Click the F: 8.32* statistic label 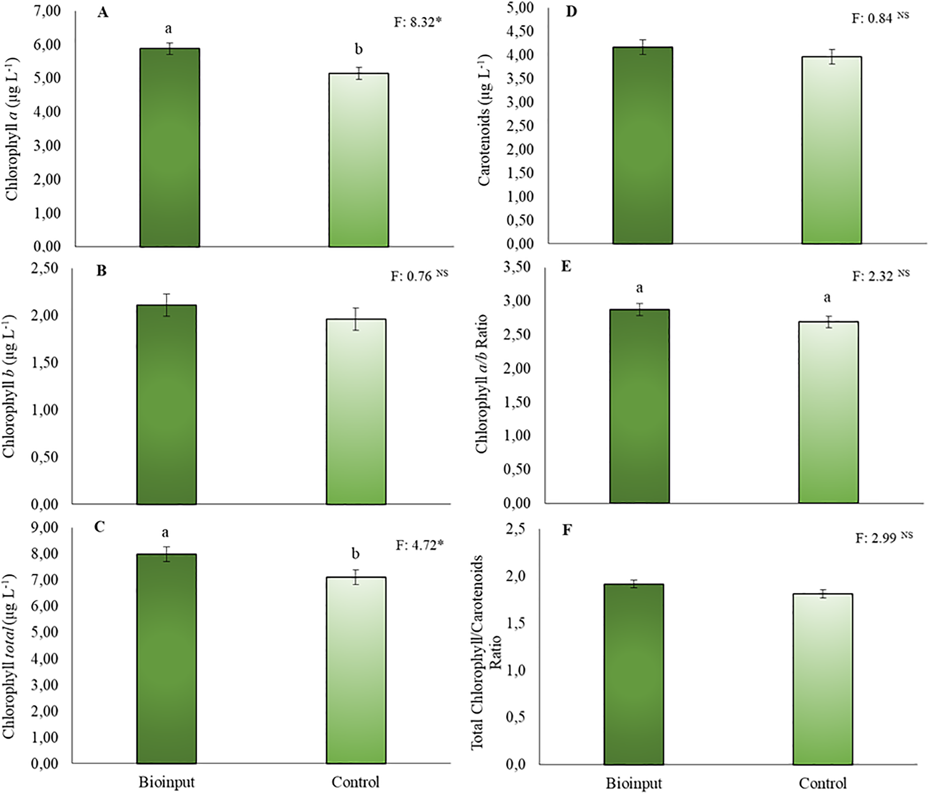click(418, 22)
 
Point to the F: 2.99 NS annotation click(883, 537)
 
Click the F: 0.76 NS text click(419, 276)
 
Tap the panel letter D click(571, 12)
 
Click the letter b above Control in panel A click(358, 49)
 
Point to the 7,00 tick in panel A click(47, 11)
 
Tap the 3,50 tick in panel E click(517, 267)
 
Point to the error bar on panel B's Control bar click(356, 319)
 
